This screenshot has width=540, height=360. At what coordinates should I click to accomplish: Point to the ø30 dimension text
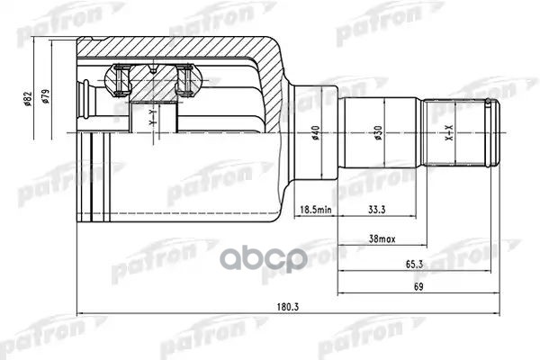[x=383, y=132]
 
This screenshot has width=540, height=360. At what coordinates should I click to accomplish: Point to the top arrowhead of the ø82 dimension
[x=34, y=41]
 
